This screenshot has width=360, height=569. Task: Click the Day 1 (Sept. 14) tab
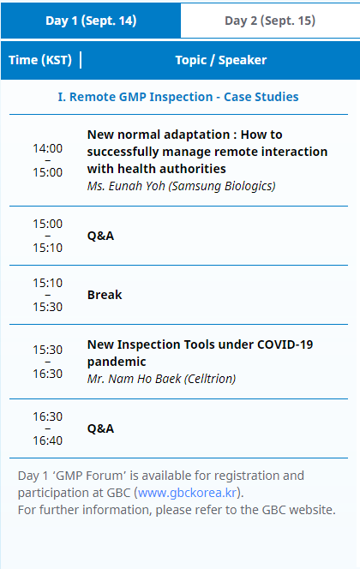click(x=91, y=21)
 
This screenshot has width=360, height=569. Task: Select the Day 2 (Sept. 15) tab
click(x=270, y=21)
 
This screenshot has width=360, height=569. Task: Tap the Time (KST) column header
click(x=40, y=60)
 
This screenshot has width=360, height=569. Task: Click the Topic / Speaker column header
click(x=220, y=60)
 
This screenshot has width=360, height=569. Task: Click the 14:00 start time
click(x=47, y=148)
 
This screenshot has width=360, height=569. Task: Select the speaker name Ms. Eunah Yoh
click(x=126, y=186)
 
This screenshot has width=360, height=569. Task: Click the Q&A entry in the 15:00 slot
click(x=100, y=236)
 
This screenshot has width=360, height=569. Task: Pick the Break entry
click(x=105, y=295)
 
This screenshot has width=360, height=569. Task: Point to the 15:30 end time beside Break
click(x=47, y=307)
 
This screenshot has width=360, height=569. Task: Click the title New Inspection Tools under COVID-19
click(x=200, y=344)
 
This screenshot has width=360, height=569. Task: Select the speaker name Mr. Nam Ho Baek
click(x=134, y=379)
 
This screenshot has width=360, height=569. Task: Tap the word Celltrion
click(x=210, y=379)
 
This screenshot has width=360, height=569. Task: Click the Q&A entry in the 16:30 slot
click(x=100, y=428)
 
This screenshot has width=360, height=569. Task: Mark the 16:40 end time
click(x=47, y=440)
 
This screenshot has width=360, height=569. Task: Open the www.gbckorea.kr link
click(x=187, y=493)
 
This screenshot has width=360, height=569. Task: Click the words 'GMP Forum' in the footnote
click(x=89, y=476)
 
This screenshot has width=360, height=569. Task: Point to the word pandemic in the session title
click(x=117, y=362)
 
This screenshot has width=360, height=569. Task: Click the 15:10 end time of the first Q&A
click(x=47, y=248)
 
